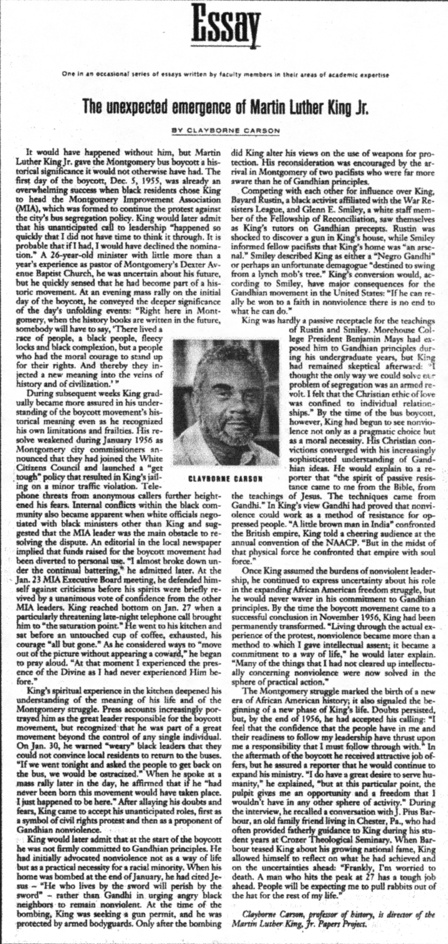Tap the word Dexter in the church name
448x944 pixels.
click(x=187, y=264)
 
